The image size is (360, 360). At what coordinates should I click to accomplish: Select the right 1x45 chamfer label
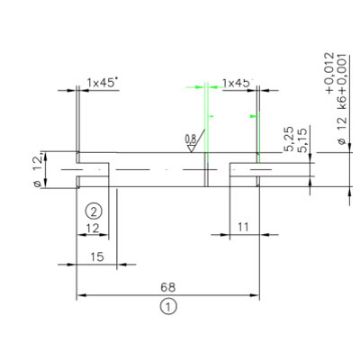click(x=237, y=82)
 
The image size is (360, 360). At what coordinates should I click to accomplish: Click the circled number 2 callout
click(x=93, y=211)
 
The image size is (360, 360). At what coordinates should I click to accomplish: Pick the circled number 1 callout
click(x=169, y=308)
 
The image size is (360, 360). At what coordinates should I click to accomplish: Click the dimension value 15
click(x=97, y=256)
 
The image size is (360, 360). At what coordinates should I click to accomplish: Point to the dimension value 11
click(x=243, y=229)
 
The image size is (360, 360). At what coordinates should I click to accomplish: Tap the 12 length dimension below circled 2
click(x=93, y=229)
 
